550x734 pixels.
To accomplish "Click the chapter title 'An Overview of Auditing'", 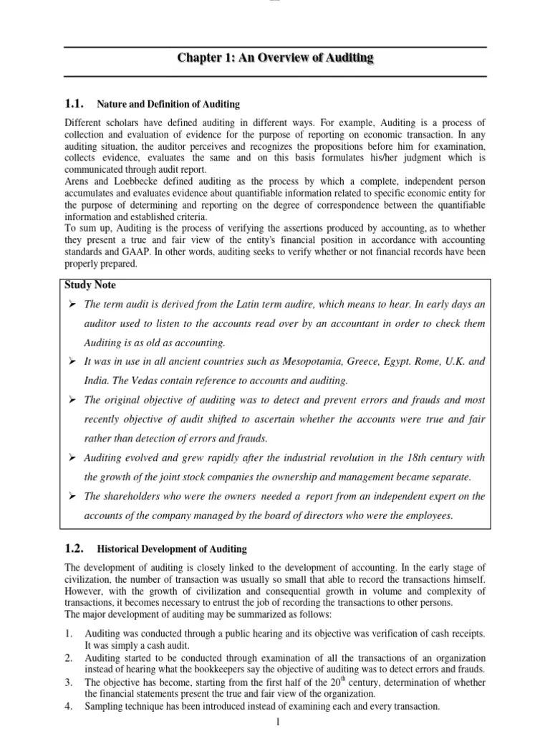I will (276, 58).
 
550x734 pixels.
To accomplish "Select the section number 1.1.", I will (75, 104).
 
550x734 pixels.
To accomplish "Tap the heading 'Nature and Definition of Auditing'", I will (168, 105).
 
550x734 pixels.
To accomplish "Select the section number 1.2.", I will (75, 548).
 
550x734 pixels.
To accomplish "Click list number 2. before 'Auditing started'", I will (69, 657).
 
